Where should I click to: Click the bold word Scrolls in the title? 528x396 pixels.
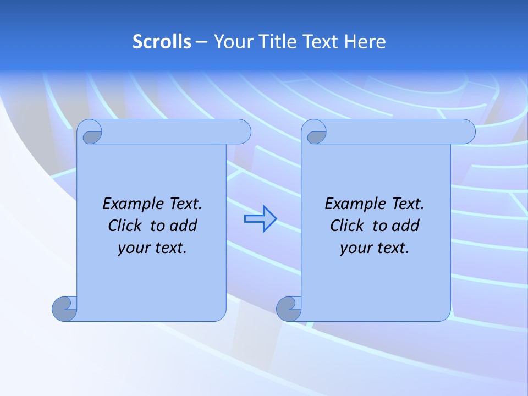point(162,42)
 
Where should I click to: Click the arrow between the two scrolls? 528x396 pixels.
point(260,219)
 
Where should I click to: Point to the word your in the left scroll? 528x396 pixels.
point(133,248)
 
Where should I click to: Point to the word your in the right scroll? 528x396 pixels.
point(355,248)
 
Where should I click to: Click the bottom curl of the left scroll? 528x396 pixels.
point(64,309)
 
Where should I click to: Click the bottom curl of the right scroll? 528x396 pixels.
point(288,309)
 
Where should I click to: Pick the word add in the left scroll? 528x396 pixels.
point(183,226)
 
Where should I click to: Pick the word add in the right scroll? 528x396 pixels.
point(405,226)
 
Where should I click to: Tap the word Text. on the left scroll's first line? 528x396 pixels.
point(184,204)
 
